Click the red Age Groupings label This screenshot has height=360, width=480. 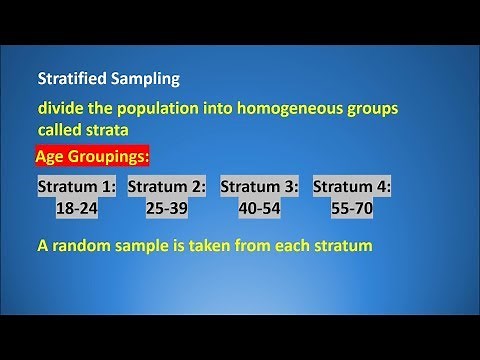[x=92, y=157]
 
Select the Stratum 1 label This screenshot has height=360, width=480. [x=77, y=187]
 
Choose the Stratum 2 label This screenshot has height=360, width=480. [x=167, y=187]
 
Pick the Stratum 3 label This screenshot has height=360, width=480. [x=259, y=187]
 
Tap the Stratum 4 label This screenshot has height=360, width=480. [x=352, y=187]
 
